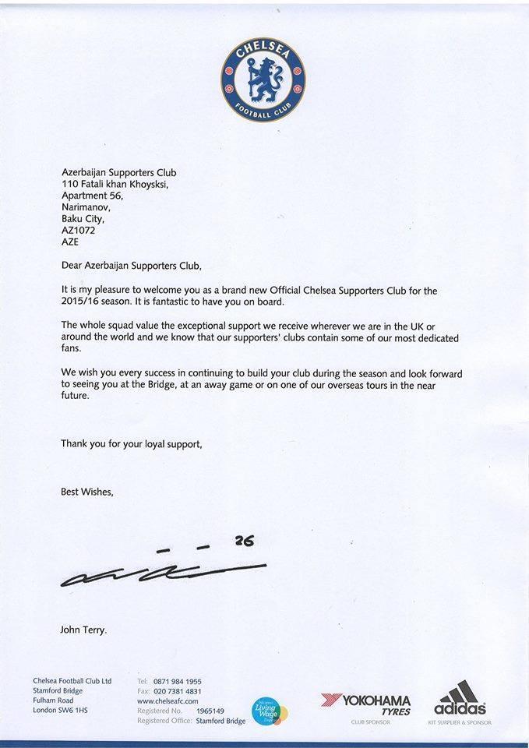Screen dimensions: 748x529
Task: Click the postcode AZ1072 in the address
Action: (79, 230)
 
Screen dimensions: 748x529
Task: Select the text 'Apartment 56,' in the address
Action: (92, 196)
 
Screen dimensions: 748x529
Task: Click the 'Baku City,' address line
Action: (82, 219)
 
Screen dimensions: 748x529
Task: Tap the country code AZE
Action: (70, 242)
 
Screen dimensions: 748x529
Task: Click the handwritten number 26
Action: (245, 541)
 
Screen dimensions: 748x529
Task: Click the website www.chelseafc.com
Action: (168, 701)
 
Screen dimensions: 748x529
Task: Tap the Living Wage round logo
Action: (270, 711)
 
